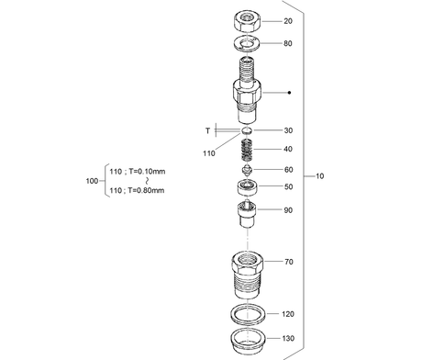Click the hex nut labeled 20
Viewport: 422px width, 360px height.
pos(248,21)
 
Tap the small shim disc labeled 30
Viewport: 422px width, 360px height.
pos(247,130)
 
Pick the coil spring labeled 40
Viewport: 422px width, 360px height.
pos(247,150)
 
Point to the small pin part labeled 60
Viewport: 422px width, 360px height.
pos(247,170)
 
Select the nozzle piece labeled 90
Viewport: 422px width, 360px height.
pos(247,213)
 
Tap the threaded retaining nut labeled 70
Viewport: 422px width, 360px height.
pos(248,275)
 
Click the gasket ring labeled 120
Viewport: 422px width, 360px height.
pos(248,314)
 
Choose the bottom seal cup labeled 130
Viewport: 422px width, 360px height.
pos(248,340)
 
